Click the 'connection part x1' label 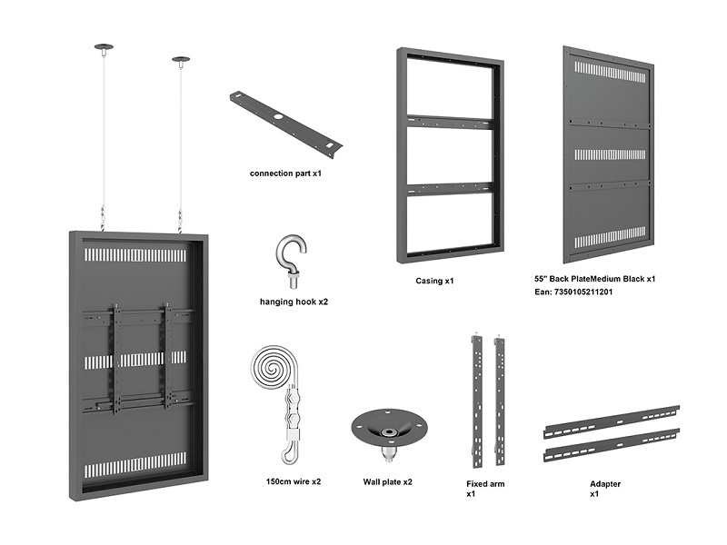285,173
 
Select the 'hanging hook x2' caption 294,301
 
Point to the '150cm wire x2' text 294,481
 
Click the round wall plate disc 387,425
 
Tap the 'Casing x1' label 434,282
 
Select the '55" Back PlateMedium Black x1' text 595,279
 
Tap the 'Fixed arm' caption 485,484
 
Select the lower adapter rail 611,446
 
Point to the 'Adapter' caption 605,484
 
